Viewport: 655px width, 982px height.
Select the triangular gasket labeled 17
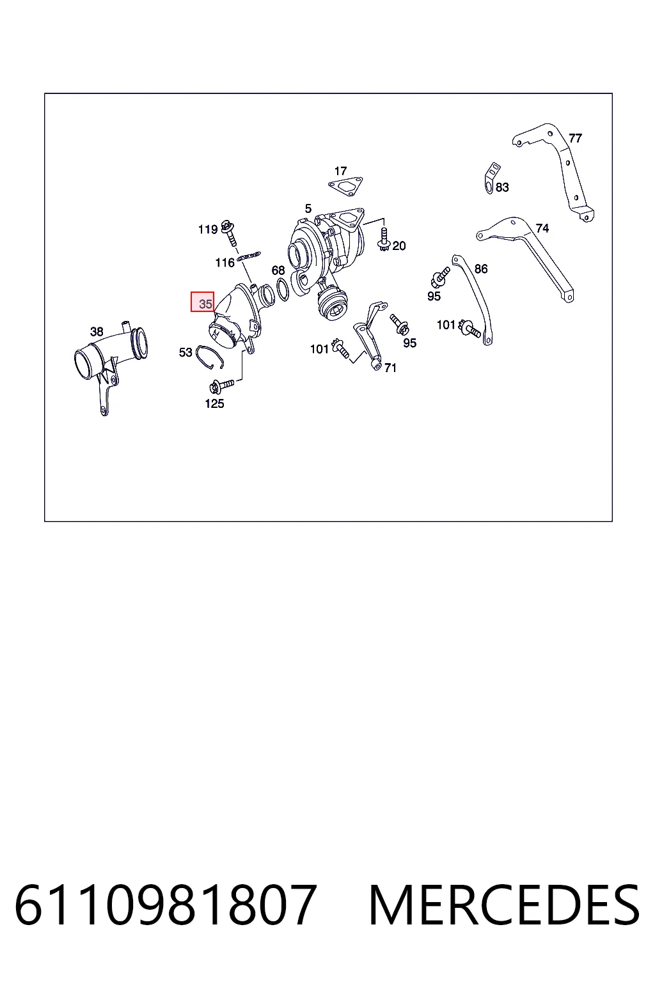345,186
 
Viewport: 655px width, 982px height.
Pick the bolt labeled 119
229,233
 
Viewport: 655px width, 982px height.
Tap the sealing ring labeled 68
283,290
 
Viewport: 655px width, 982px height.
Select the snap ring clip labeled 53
209,356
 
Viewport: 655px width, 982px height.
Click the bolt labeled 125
221,386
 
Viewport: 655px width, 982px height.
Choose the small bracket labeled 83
492,178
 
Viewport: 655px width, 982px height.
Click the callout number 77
575,138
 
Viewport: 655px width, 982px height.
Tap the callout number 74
542,228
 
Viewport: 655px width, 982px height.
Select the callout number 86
481,269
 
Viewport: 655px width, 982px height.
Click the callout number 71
390,368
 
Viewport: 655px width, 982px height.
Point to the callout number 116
225,263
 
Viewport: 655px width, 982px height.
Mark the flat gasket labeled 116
249,256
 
